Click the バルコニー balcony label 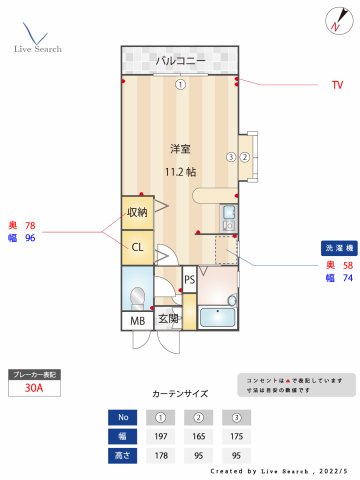pyautogui.click(x=180, y=62)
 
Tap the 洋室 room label pyautogui.click(x=180, y=149)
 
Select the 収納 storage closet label pyautogui.click(x=137, y=211)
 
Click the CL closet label pyautogui.click(x=137, y=246)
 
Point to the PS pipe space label pyautogui.click(x=189, y=280)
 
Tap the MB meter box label pyautogui.click(x=137, y=321)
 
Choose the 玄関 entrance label pyautogui.click(x=168, y=320)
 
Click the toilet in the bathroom pyautogui.click(x=138, y=295)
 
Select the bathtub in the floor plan pyautogui.click(x=217, y=319)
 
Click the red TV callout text pyautogui.click(x=338, y=86)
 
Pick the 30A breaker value pyautogui.click(x=35, y=391)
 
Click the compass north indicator pyautogui.click(x=334, y=20)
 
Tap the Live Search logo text pyautogui.click(x=37, y=48)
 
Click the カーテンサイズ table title pyautogui.click(x=180, y=394)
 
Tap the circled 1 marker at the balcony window pyautogui.click(x=180, y=84)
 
